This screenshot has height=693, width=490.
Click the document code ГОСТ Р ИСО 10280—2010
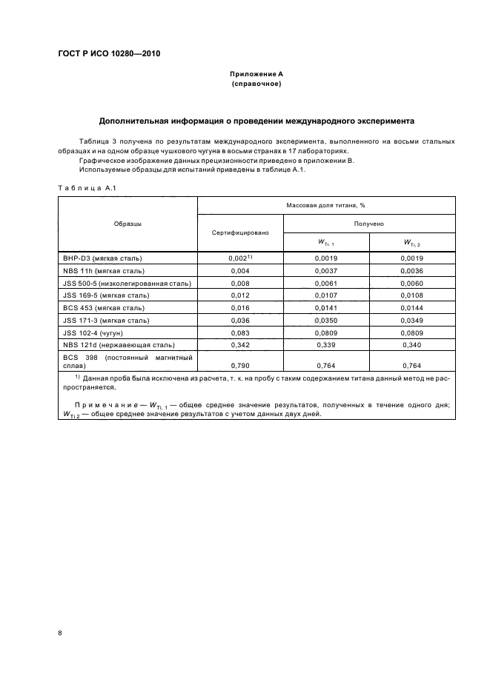pos(109,54)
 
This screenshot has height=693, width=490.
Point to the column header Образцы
pos(128,224)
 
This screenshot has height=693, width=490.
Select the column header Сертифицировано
pos(239,232)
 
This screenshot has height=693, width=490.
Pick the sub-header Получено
pos(368,223)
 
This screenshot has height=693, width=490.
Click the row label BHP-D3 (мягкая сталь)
pos(103,258)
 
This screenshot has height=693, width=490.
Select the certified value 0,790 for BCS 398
pos(239,366)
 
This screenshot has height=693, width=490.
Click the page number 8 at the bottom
pos(60,632)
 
